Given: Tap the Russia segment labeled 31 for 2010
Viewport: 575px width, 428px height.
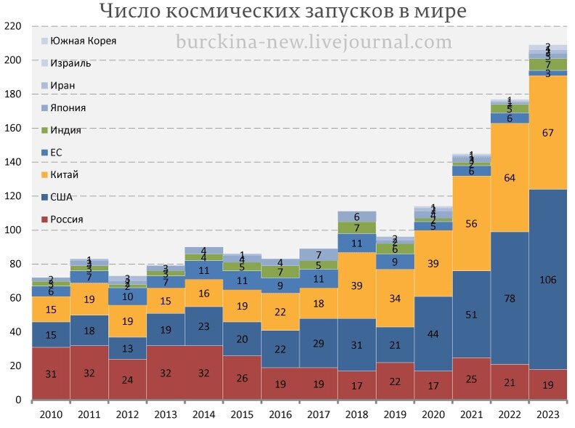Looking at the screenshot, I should pos(51,374).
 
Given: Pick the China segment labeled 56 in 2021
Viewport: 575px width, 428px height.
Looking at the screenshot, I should pos(470,224).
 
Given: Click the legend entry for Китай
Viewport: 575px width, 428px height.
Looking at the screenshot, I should pos(65,174).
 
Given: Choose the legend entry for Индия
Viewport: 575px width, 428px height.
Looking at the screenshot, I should pos(66,130).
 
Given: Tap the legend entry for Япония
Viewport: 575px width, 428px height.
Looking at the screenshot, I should pos(68,108).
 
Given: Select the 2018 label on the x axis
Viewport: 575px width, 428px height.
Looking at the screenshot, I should pos(356,414).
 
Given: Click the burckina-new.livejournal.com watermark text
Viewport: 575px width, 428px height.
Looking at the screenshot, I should pos(314,42).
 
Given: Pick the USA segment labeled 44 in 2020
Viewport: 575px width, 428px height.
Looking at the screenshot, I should pos(432,334).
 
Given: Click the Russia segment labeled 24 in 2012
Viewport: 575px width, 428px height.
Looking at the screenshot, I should pos(127,379).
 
